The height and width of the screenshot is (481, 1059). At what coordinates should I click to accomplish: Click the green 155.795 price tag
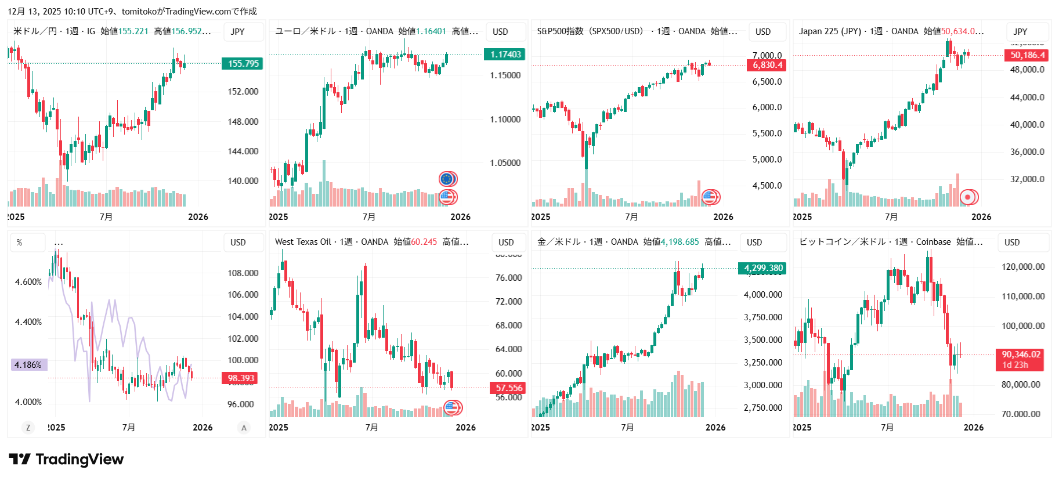point(243,63)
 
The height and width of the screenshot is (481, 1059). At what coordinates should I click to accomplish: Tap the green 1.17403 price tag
point(505,55)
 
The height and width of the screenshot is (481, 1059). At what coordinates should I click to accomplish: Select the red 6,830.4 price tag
point(767,65)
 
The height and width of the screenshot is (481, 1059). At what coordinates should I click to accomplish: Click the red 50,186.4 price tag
point(1027,55)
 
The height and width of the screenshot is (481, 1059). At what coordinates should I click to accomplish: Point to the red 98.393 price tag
point(241,378)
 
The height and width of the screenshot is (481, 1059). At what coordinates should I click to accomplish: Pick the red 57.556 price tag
point(508,388)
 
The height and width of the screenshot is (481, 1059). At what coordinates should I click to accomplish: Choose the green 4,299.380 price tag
point(763,268)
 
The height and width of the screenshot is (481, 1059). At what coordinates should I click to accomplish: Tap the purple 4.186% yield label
point(28,365)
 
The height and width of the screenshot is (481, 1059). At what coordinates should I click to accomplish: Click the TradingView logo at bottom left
point(66,460)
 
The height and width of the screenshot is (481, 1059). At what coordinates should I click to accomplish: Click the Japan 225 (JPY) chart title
point(830,31)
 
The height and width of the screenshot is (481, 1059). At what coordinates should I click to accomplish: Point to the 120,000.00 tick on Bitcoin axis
point(1022,267)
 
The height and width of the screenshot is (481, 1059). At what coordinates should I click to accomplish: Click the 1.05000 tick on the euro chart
point(505,163)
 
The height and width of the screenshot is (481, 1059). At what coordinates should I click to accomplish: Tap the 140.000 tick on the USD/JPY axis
point(243,181)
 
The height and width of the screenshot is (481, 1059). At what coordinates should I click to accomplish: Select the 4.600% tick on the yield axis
point(28,282)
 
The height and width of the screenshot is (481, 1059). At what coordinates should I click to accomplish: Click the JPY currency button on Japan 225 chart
point(1020,32)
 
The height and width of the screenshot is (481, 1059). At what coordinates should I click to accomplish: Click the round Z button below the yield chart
point(27,428)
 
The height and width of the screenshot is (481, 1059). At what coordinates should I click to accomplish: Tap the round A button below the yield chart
point(244,428)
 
